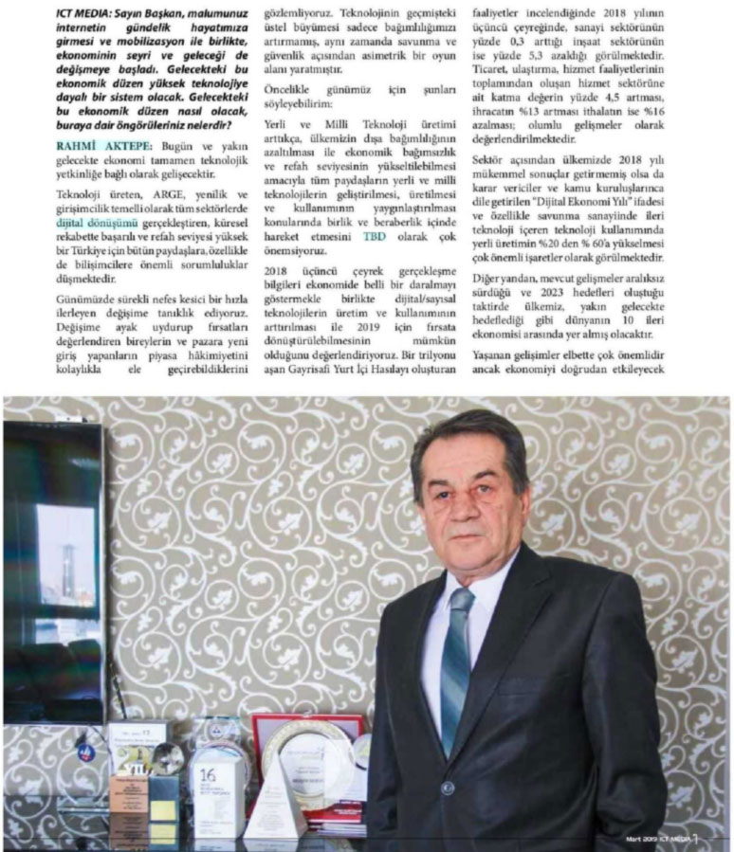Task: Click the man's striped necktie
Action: tap(455, 663)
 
